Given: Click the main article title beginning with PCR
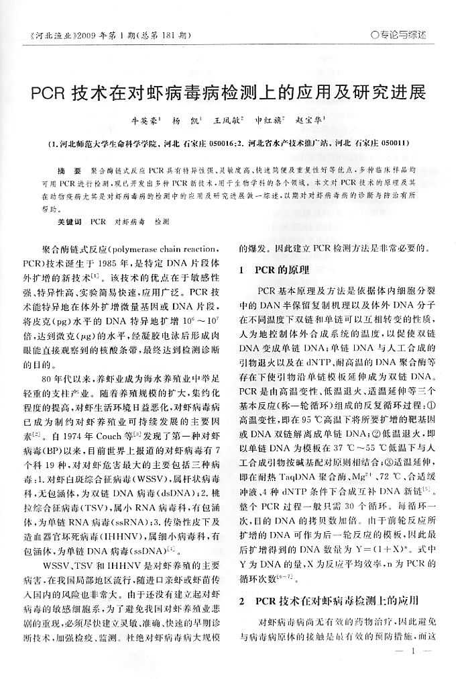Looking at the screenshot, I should tap(229, 92).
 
